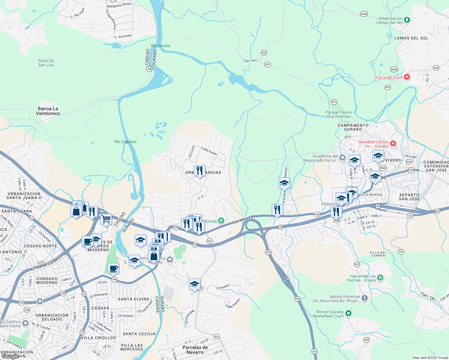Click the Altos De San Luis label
pos(46,63)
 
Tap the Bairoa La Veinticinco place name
pos(48,111)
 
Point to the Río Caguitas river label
pos(125,142)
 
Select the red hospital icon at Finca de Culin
pos(407,77)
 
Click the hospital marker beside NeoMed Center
pos(393,143)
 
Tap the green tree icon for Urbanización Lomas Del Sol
pos(407,20)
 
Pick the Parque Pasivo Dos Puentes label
pos(339,114)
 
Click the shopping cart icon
pos(106,219)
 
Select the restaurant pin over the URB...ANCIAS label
pos(200,171)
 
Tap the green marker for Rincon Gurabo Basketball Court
pos(348,313)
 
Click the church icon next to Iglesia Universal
pos(364,298)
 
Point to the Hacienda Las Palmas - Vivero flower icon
pos(380,277)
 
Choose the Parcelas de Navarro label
pos(195,350)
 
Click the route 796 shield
pos(149,69)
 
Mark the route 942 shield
pos(264,52)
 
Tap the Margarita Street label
pos(119,5)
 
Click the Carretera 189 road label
pos(243,219)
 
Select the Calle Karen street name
pos(209,151)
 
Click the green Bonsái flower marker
pos(221,221)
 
